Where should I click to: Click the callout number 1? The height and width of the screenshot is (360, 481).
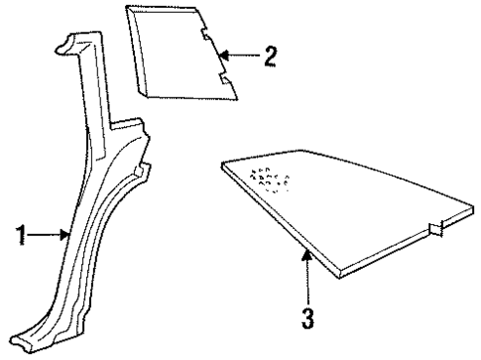click(x=22, y=236)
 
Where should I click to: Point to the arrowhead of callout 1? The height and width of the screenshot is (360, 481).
click(x=68, y=236)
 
